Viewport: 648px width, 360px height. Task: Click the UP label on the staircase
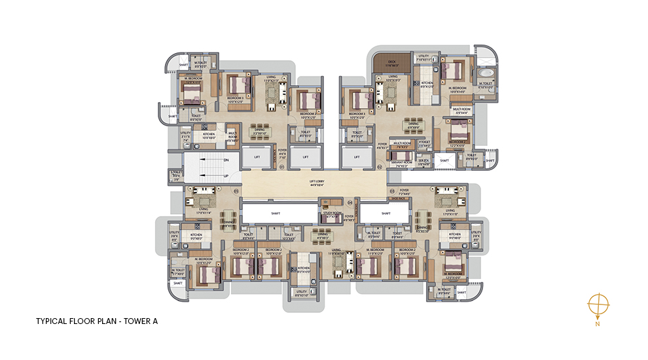(226, 176)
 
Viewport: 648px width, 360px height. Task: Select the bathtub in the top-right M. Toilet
(487, 73)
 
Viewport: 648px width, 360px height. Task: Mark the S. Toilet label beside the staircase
(176, 175)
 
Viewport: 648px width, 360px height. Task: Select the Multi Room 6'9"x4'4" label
(463, 111)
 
